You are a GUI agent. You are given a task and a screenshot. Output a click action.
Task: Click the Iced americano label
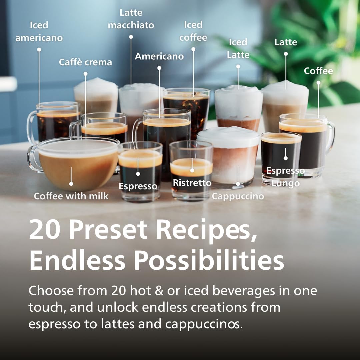(x=39, y=31)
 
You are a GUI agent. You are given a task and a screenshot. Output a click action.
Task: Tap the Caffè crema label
(x=85, y=62)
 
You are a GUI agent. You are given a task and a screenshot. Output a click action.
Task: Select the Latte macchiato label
(x=131, y=19)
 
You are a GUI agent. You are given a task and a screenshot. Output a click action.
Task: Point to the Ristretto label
(x=192, y=183)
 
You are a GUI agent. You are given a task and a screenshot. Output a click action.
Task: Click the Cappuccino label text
(x=238, y=196)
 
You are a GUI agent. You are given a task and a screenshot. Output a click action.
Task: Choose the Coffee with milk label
(x=71, y=196)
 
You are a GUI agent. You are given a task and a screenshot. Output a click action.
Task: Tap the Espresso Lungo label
(x=285, y=177)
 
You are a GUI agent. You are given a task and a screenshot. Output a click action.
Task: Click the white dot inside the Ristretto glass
(x=192, y=171)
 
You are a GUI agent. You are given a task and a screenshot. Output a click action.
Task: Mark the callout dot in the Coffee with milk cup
(x=71, y=184)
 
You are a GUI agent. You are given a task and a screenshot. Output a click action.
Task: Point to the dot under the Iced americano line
(x=39, y=49)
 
